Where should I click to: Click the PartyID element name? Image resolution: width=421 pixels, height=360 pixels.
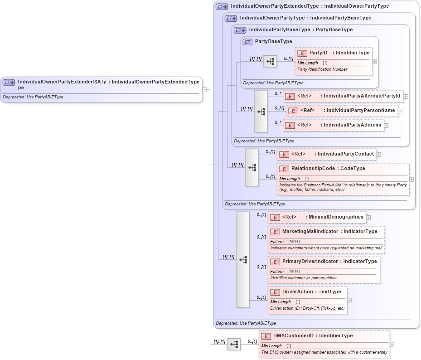pos(318,53)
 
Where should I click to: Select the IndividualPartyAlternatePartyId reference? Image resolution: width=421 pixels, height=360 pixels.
pos(362,96)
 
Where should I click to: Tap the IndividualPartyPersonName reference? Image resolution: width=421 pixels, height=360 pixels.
pos(361,111)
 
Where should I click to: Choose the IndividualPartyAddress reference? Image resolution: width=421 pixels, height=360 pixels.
pos(352,125)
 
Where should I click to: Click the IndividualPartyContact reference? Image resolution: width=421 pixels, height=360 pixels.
pos(345,154)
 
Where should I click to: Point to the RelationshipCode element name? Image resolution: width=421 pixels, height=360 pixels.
pos(313,169)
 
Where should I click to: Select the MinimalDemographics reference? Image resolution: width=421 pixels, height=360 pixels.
pos(336,217)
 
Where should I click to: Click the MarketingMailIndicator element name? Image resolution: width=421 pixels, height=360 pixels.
pos(310,232)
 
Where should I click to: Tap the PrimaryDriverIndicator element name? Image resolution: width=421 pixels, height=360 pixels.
pos(310,262)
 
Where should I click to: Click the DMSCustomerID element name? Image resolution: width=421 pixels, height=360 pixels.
pos(293,336)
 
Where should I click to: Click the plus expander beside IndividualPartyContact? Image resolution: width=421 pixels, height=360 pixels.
pos(379,155)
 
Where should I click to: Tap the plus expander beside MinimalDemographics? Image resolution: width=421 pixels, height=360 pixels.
pos(368,218)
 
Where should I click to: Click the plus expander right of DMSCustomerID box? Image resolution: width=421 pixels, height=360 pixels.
pos(392,345)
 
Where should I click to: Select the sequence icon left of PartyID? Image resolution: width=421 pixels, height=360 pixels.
pos(270,62)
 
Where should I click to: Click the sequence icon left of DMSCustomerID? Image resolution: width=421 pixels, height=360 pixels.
pos(233,345)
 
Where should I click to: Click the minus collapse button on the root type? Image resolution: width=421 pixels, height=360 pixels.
pos(205,90)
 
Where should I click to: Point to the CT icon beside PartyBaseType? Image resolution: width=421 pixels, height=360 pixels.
pos(247,42)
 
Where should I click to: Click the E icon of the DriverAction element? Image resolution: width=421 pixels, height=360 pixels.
pos(275,292)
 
